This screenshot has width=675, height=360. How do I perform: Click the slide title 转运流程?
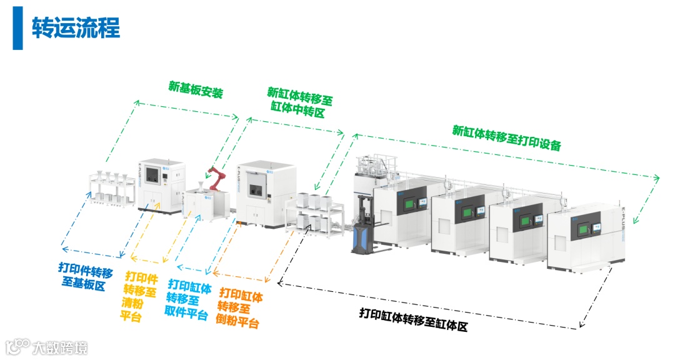click(76, 28)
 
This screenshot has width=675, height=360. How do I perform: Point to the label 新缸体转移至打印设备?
click(506, 137)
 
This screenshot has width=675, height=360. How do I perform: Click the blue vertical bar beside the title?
click(17, 28)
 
